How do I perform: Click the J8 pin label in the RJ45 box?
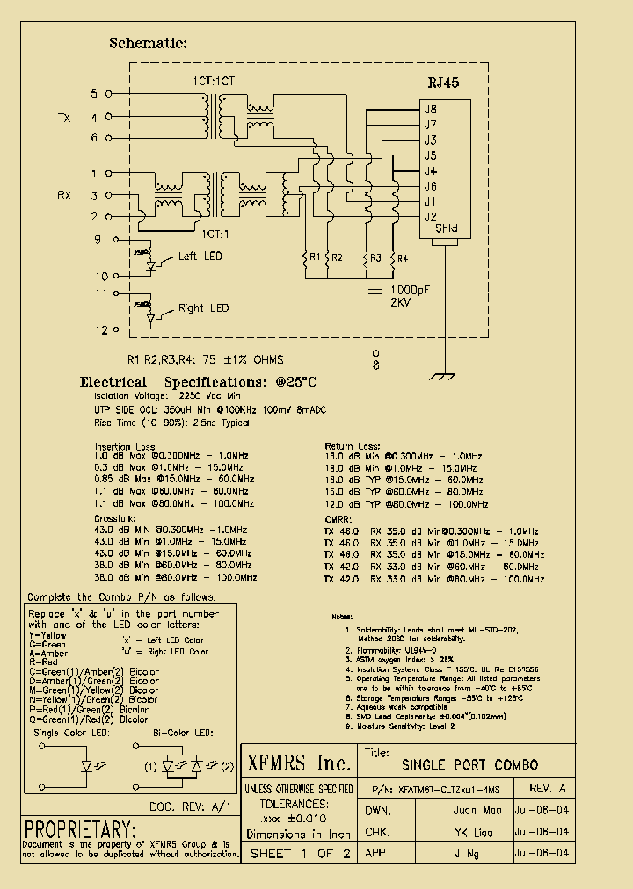(x=430, y=110)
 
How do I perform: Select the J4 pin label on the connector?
(x=430, y=170)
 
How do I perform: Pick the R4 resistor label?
(x=402, y=257)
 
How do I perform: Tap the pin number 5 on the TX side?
(x=95, y=92)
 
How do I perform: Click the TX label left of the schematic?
(x=64, y=118)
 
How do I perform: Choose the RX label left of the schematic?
(x=64, y=195)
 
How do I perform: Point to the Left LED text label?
(x=200, y=257)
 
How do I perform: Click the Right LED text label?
(x=203, y=308)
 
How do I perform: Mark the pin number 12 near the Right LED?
(x=102, y=329)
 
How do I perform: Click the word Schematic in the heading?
(x=148, y=43)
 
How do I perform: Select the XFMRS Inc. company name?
(x=299, y=762)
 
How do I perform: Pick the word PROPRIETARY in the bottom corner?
(x=80, y=829)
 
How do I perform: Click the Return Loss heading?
(x=353, y=446)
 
